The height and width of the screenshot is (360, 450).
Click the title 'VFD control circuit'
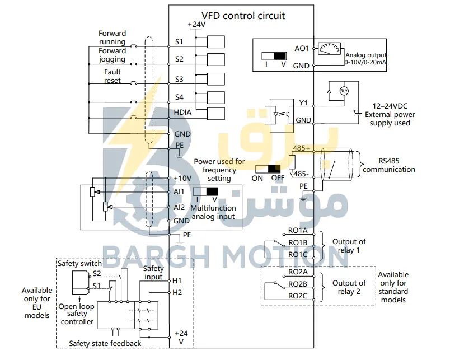(243, 16)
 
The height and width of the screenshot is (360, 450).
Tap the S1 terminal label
(179, 42)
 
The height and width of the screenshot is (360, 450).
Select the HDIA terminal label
(182, 112)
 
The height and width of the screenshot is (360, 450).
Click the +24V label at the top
(196, 25)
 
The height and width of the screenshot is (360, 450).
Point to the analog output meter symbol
(330, 49)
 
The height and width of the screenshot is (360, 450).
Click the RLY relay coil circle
(344, 91)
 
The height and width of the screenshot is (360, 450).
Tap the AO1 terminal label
(302, 49)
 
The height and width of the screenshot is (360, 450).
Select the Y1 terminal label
(303, 103)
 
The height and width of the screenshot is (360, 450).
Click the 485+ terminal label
(301, 148)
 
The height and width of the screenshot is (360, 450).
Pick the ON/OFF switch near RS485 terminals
(268, 169)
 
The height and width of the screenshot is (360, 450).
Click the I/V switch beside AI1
(205, 191)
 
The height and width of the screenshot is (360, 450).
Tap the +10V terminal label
(182, 178)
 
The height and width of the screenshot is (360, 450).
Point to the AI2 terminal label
(179, 207)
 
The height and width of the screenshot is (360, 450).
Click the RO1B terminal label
(298, 243)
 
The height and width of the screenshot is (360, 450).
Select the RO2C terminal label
(298, 296)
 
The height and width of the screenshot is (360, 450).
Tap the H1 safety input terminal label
(177, 280)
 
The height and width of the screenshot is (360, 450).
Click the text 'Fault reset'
(112, 76)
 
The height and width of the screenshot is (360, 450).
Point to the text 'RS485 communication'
(389, 165)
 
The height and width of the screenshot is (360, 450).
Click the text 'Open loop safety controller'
(77, 314)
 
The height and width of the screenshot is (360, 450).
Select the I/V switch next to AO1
(274, 56)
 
